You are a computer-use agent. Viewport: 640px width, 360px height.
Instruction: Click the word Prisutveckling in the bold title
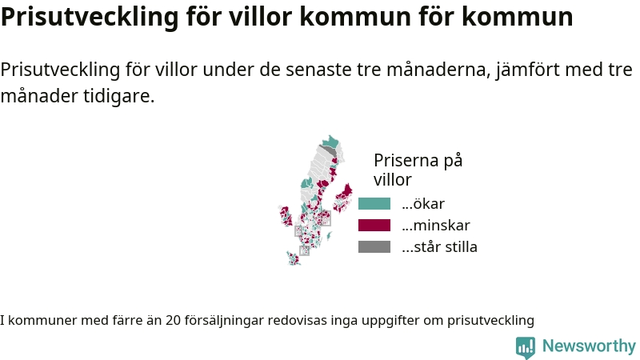pyautogui.click(x=90, y=17)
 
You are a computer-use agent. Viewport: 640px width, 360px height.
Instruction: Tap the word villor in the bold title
pyautogui.click(x=260, y=16)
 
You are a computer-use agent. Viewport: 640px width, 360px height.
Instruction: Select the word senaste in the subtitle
pyautogui.click(x=318, y=70)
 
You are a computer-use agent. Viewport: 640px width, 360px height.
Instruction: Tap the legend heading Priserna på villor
pyautogui.click(x=418, y=170)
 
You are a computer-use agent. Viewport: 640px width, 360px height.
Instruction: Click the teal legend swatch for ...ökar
pyautogui.click(x=374, y=204)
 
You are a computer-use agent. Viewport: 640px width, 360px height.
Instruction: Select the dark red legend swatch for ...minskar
pyautogui.click(x=374, y=226)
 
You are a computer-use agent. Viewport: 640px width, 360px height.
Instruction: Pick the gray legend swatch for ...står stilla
pyautogui.click(x=374, y=247)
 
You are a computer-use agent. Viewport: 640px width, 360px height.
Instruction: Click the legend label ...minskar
pyautogui.click(x=436, y=226)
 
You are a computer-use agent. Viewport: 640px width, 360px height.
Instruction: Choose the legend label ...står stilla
pyautogui.click(x=439, y=247)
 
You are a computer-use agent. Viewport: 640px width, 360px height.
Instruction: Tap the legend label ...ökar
pyautogui.click(x=423, y=204)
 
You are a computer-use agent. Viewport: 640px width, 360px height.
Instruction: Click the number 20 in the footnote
pyautogui.click(x=173, y=321)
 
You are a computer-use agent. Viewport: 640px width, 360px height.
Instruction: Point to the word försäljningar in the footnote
pyautogui.click(x=224, y=321)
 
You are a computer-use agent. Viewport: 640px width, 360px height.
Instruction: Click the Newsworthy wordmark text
pyautogui.click(x=589, y=346)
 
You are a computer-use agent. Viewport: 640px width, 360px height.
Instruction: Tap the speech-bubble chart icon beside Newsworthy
pyautogui.click(x=526, y=347)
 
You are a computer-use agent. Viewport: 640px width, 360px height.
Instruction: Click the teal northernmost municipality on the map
pyautogui.click(x=330, y=142)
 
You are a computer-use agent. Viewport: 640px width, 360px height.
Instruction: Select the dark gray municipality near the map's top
pyautogui.click(x=329, y=150)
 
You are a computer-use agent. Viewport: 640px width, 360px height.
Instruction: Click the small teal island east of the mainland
pyautogui.click(x=328, y=236)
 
